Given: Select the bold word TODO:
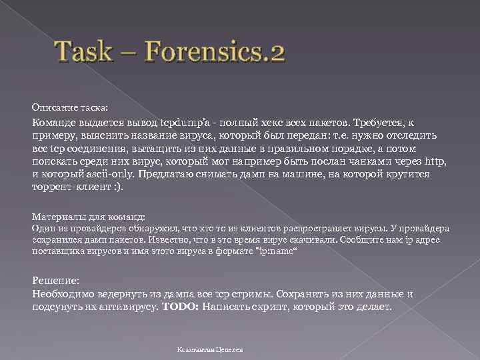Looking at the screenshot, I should tap(180, 307).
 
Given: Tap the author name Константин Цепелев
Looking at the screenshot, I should tap(210, 349).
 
